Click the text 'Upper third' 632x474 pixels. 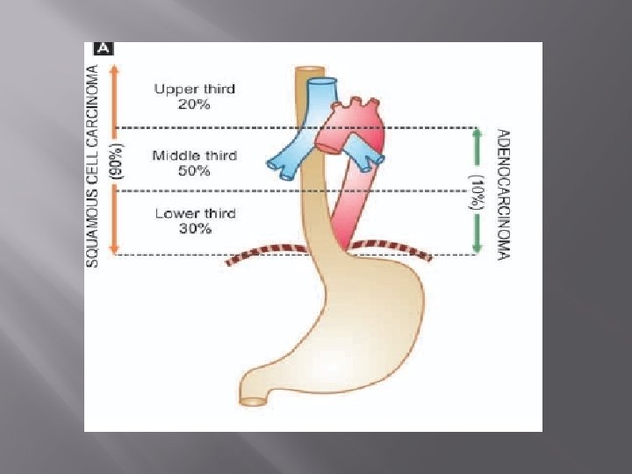(x=194, y=90)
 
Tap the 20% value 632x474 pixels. (x=194, y=104)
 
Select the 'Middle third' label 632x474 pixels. (x=194, y=156)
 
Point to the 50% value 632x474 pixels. (x=194, y=171)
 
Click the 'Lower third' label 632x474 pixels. (x=194, y=213)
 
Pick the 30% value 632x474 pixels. (x=194, y=229)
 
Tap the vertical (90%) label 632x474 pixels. (x=119, y=162)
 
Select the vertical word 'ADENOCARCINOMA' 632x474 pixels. (x=502, y=193)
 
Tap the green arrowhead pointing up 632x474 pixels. (x=477, y=134)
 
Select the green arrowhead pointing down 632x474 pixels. (x=477, y=249)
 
